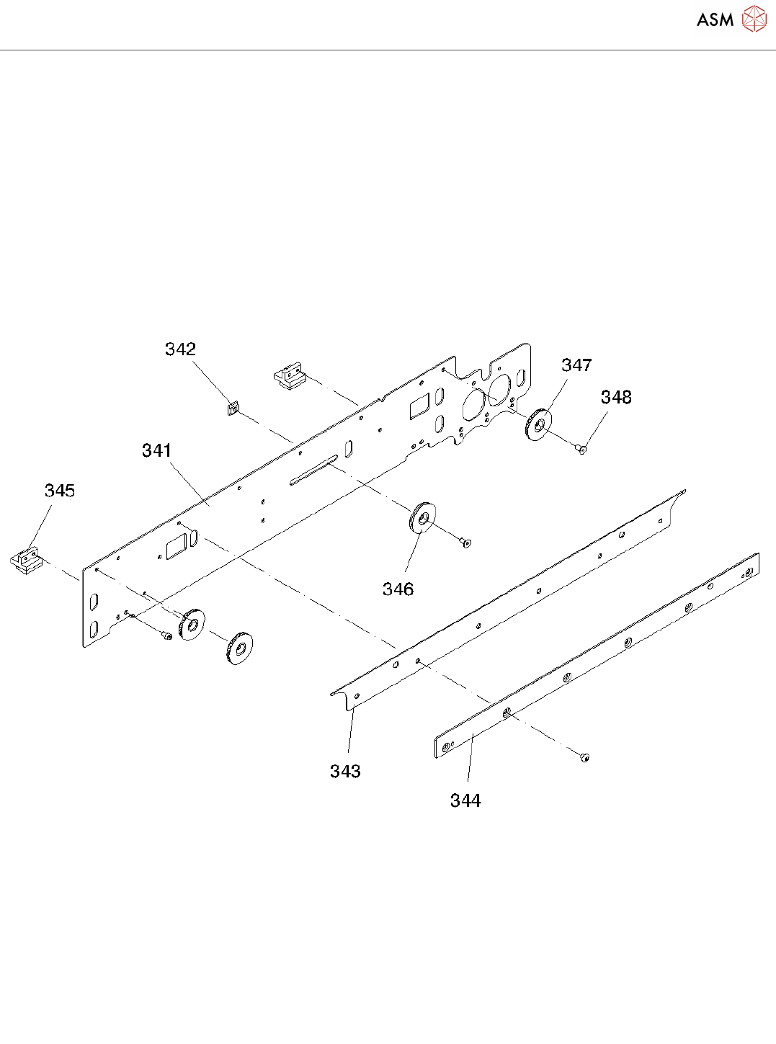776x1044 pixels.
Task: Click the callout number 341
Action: [x=156, y=451]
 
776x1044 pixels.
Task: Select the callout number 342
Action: [x=180, y=349]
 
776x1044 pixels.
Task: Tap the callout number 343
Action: [x=345, y=772]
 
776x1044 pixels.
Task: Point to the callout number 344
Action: [x=465, y=800]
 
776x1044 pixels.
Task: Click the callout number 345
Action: [x=60, y=491]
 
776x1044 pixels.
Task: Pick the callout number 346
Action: [x=398, y=589]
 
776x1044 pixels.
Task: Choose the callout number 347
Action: [x=576, y=365]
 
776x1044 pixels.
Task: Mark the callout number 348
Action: [x=616, y=397]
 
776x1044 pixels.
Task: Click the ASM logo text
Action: [x=715, y=19]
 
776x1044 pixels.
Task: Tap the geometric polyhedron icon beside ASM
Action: [x=754, y=19]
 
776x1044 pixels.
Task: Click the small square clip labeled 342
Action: [x=232, y=409]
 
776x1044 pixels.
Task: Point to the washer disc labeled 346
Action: [x=422, y=517]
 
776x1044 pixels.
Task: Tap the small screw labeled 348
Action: [x=582, y=450]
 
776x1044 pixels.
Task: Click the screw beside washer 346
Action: [x=465, y=542]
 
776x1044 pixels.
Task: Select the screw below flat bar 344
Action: [x=584, y=757]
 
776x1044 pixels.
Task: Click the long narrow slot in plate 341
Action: [x=313, y=470]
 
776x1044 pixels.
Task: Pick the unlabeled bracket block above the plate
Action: [x=290, y=377]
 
